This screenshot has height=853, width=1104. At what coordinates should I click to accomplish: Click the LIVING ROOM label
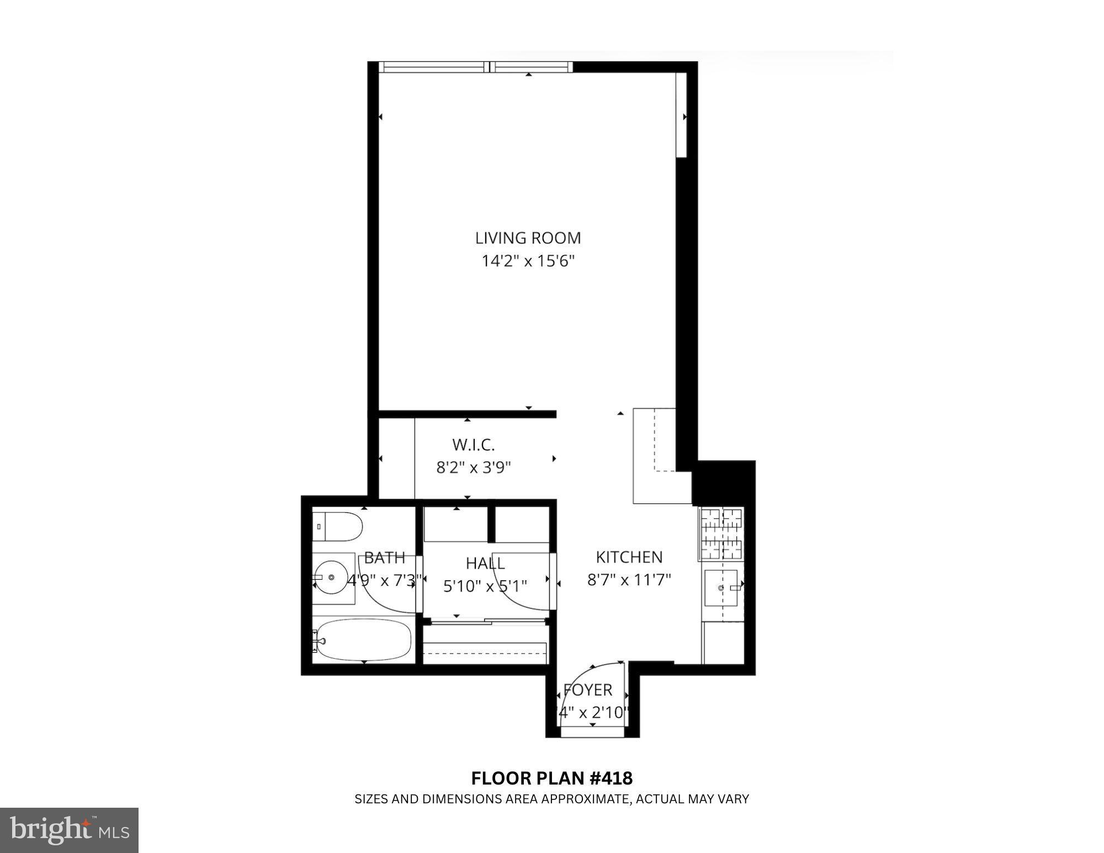coord(528,238)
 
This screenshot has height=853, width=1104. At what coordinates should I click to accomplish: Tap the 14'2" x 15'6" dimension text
coord(528,261)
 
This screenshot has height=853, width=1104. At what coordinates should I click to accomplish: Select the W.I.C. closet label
coord(473,444)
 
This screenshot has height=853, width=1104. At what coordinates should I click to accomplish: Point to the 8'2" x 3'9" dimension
coord(473,468)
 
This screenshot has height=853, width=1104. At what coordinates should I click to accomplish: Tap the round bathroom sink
coord(331,577)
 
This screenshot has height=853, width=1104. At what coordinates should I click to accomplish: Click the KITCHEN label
coord(629,557)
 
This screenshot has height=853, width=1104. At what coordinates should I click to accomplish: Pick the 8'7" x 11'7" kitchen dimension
coord(629,580)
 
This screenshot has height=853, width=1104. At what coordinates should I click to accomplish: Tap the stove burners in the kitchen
coord(721,533)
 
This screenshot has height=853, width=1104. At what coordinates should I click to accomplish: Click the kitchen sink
coord(722,589)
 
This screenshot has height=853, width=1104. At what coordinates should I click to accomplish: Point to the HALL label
coord(485,563)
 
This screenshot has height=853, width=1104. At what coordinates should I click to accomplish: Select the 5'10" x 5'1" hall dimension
coord(485,586)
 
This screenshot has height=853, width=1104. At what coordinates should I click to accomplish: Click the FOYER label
coord(587,690)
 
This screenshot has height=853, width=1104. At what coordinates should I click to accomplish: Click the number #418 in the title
coord(611,778)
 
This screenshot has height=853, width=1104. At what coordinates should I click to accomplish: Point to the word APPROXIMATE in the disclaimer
coord(585,799)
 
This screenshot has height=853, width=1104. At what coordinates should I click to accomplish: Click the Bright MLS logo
coord(69,830)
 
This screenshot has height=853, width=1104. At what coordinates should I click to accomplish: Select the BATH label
coord(384,558)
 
